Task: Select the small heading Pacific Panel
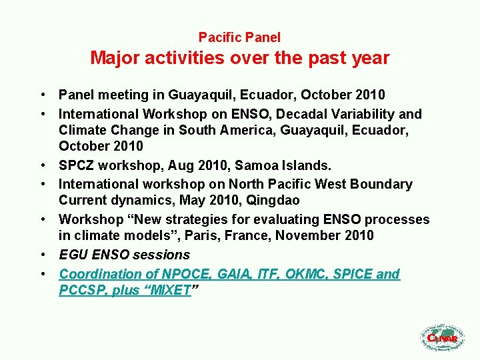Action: coord(239,38)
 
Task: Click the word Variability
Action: coord(369,114)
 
